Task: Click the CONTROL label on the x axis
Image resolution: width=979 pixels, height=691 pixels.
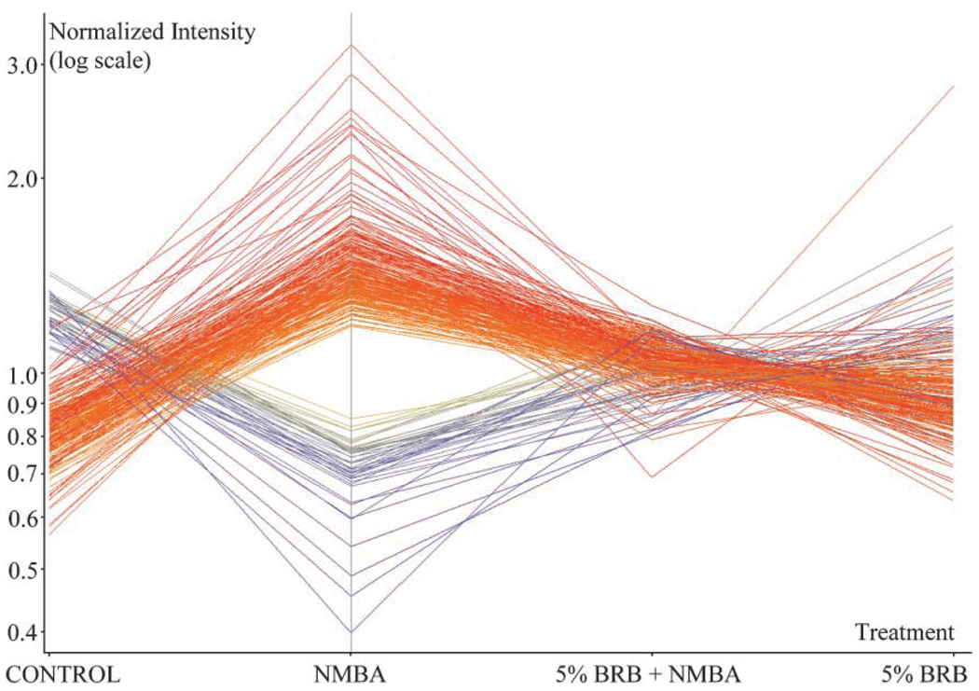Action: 64,673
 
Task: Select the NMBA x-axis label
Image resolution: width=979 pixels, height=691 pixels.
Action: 350,673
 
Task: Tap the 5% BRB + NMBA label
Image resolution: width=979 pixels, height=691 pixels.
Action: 650,673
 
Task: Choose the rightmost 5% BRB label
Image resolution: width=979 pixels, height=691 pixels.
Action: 930,673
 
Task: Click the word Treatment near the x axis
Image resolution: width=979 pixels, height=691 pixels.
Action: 904,633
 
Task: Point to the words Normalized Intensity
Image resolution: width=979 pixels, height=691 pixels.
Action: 152,32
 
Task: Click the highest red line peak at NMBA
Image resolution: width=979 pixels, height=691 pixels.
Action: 351,45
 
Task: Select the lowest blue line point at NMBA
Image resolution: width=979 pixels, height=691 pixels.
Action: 351,632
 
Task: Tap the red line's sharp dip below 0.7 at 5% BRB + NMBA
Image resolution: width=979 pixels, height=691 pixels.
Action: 651,477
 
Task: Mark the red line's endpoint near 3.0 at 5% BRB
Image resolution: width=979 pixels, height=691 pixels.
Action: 953,87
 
